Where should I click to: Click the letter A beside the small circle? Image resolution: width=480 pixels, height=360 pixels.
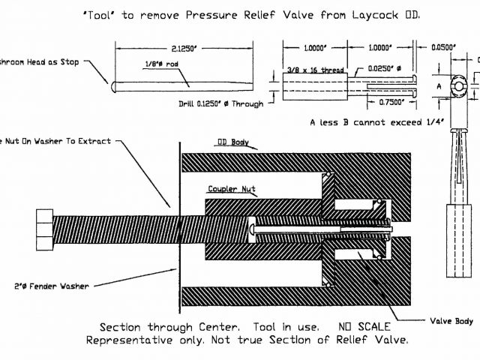(439, 87)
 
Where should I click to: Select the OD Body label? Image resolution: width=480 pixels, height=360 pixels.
(232, 140)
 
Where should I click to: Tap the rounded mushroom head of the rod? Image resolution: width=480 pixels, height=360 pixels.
(112, 87)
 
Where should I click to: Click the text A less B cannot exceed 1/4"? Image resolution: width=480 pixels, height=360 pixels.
(377, 121)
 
